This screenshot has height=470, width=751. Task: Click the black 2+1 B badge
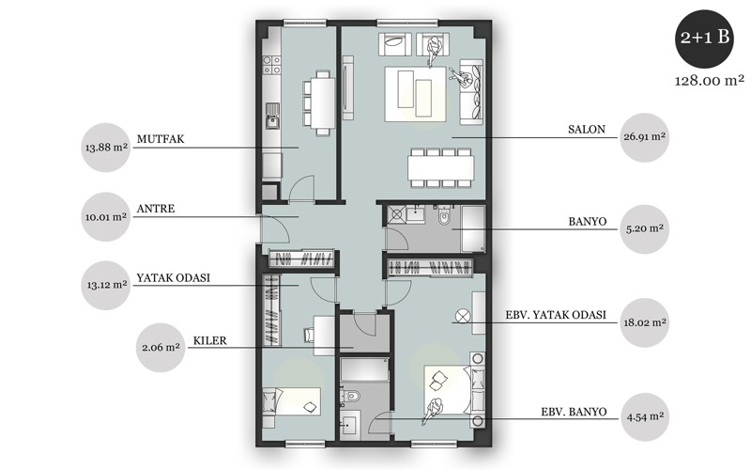[704, 38]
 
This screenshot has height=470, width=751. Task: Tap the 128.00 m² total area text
[710, 81]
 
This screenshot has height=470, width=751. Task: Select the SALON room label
[586, 130]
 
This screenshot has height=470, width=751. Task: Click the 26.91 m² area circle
[644, 137]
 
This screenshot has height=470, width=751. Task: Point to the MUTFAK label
[161, 139]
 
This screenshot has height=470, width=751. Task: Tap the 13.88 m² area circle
[106, 148]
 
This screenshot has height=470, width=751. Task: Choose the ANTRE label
[156, 209]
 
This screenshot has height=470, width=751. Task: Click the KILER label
[209, 340]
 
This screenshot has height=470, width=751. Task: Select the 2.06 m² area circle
[161, 347]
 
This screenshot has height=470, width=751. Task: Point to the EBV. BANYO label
[574, 412]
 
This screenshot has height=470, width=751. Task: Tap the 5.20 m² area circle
[644, 228]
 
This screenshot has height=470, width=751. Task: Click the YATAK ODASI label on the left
[174, 278]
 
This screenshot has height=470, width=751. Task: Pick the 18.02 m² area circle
[644, 322]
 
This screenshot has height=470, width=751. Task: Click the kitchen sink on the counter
[272, 116]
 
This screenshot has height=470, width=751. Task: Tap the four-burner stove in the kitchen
[272, 65]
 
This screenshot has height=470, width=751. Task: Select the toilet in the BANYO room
[443, 215]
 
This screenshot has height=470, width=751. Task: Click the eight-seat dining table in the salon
[441, 167]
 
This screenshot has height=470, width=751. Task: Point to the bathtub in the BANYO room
[473, 228]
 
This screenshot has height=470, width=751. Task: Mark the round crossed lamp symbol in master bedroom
[462, 316]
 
